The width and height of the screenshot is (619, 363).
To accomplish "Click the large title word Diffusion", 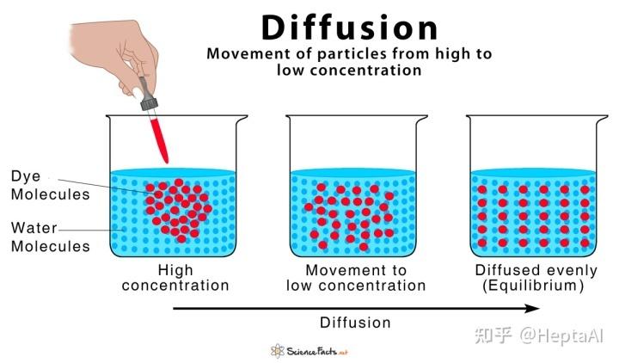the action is pos(349,28).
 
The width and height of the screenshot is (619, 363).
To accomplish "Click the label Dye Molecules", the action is pos(51,185).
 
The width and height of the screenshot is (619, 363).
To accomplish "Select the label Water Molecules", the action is pos(51,237).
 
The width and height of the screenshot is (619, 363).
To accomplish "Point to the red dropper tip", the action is pos(166,161).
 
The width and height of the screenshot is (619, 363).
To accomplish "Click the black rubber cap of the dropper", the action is pos(149,103).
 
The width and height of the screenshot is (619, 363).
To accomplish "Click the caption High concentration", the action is pos(175,278).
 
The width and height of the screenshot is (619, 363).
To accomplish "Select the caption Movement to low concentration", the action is pos(356,278).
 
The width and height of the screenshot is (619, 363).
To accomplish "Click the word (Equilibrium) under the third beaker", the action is pos(533,286).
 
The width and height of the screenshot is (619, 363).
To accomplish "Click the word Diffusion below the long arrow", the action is pos(355,323).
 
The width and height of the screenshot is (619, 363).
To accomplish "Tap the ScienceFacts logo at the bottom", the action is pos(309,351).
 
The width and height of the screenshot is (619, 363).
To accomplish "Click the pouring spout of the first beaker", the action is pos(242,118).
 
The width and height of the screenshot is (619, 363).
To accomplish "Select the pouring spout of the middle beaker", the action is pos(421,118).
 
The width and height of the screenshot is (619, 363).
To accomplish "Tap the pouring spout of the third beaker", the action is pos(602,118).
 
